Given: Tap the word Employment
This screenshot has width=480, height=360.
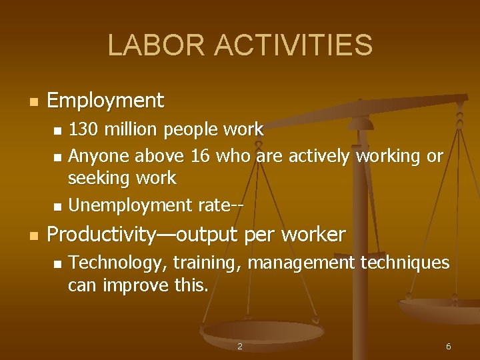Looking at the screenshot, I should (x=105, y=101).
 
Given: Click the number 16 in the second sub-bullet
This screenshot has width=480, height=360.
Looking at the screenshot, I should (x=199, y=156).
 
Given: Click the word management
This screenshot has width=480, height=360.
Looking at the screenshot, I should (x=301, y=263).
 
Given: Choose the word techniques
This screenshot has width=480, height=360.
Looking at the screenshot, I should (x=405, y=263).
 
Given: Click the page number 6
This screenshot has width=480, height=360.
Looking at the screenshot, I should (x=448, y=347).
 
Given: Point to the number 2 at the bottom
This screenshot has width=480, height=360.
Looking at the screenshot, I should (x=240, y=347).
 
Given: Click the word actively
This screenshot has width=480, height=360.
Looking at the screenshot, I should (x=317, y=156).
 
